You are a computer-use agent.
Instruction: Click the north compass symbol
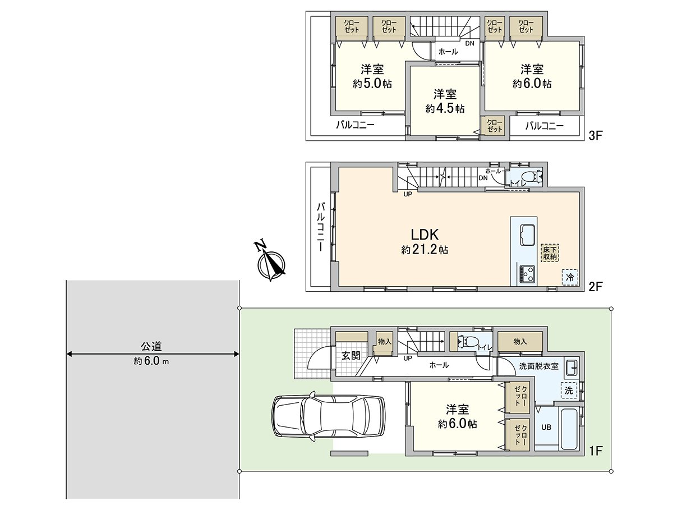tap(271, 262)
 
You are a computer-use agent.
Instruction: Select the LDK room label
tap(424, 235)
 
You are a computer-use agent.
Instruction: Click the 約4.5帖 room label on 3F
tap(444, 109)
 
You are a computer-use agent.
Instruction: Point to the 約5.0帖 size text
tap(372, 84)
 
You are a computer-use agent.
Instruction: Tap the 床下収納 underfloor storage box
tap(550, 252)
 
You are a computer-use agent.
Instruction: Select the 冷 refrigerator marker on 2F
tap(570, 277)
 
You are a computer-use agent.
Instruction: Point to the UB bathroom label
tap(546, 427)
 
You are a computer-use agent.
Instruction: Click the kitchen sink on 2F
tap(528, 235)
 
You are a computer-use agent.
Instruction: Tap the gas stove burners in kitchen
tap(527, 274)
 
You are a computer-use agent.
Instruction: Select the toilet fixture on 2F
tap(532, 177)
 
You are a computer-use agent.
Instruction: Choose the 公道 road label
tap(151, 346)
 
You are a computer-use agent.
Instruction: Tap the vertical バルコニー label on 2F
tap(320, 227)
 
